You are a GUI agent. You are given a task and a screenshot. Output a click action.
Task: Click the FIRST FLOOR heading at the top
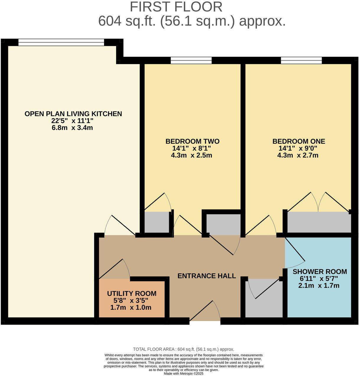[176, 7]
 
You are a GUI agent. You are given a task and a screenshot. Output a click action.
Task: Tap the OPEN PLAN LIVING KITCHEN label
[73, 114]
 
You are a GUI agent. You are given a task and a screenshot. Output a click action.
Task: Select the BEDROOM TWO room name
[192, 141]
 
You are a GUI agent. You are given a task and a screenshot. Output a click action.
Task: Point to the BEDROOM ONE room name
[299, 141]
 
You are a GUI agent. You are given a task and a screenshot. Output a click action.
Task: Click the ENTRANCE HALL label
[206, 276]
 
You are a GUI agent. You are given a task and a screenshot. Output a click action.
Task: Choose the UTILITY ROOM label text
[131, 294]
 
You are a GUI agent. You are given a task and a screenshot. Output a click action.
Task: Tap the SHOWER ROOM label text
[320, 271]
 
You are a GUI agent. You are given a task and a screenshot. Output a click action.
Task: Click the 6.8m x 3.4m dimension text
[72, 128]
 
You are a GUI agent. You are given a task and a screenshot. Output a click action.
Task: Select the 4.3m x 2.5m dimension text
[191, 155]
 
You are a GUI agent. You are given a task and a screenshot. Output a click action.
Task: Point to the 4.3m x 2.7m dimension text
[298, 155]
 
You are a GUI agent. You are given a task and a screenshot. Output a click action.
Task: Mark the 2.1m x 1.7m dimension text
[319, 286]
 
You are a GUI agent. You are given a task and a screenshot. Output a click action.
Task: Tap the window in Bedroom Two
[191, 61]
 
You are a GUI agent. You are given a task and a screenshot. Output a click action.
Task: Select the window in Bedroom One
[301, 61]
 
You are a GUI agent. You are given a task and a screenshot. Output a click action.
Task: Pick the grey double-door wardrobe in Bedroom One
[319, 222]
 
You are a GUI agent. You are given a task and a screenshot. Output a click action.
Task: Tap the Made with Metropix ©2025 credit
[183, 374]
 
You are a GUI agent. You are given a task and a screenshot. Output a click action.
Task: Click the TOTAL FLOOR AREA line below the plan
[183, 349]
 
